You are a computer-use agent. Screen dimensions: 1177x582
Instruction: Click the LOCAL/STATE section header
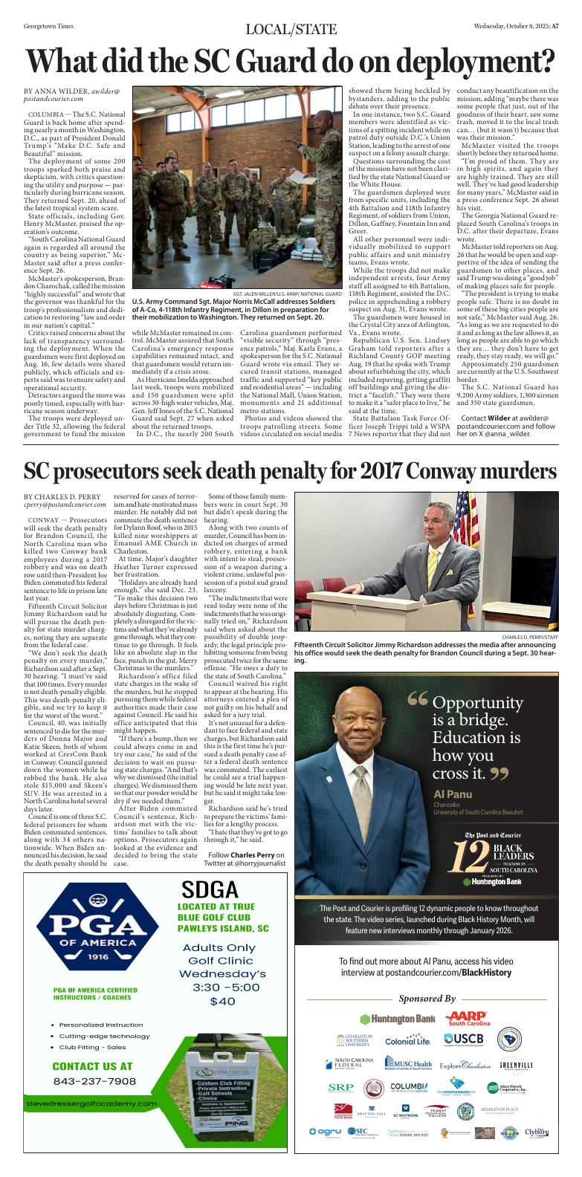coord(291,29)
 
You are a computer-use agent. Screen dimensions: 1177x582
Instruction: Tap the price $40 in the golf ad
coord(222,1002)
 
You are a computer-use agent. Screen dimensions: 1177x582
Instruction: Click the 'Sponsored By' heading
coord(427,998)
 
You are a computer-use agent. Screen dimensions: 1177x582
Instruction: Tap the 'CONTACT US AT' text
coord(92,1066)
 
